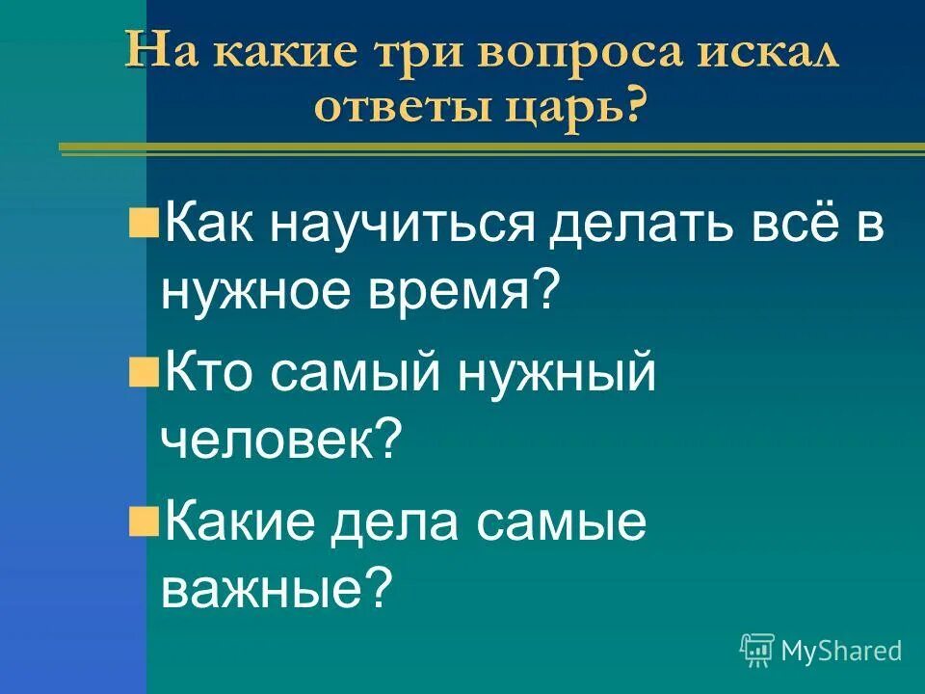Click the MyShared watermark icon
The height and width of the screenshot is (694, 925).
click(757, 651)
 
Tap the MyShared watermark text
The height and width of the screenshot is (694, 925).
click(841, 651)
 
